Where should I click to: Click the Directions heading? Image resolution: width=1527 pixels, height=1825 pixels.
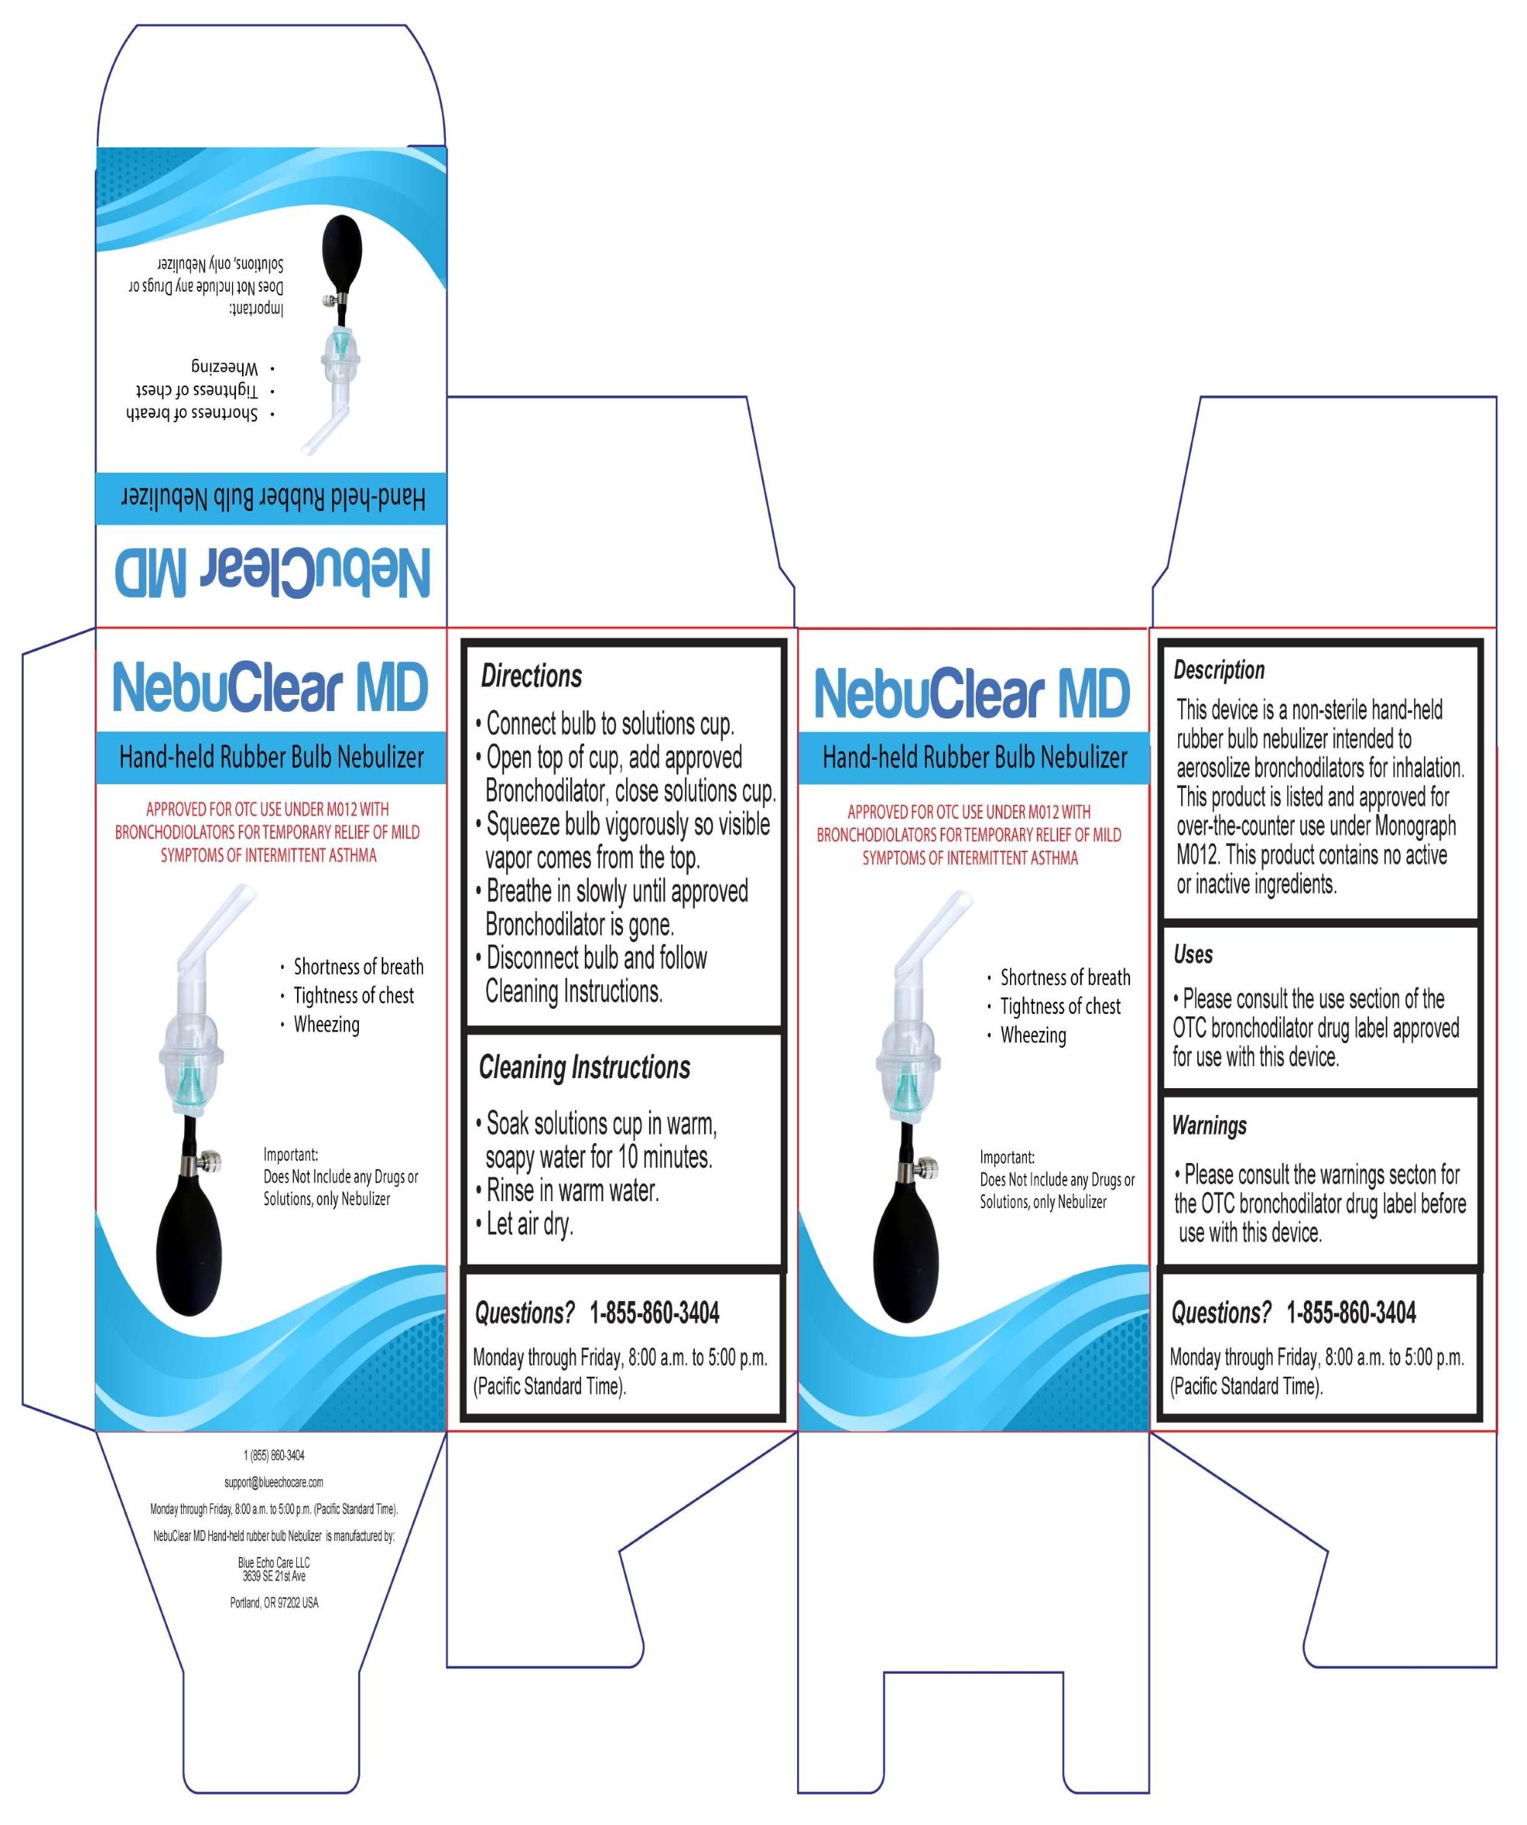pos(531,675)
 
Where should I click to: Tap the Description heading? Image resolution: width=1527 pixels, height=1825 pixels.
pos(1219,670)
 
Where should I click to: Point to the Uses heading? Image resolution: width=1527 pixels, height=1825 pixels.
pos(1193,954)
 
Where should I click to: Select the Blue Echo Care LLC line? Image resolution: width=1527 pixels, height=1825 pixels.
pos(274,1562)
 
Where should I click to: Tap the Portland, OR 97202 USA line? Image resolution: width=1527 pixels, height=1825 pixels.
pos(274,1603)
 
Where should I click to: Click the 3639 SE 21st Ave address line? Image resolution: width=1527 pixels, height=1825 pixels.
pos(274,1575)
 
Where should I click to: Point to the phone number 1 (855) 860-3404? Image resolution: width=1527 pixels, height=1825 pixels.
pos(274,1455)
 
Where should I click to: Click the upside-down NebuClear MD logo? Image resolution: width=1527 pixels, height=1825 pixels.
pos(273,573)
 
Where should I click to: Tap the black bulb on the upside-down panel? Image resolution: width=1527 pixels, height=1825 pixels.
pos(340,253)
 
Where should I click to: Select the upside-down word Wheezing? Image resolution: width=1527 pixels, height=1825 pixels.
pos(224,367)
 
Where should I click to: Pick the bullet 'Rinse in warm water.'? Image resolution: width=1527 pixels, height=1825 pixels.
pos(567,1190)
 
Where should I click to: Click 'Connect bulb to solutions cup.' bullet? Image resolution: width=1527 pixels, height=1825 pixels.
pos(605,723)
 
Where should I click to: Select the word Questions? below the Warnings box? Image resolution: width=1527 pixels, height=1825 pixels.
pos(1221,1313)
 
